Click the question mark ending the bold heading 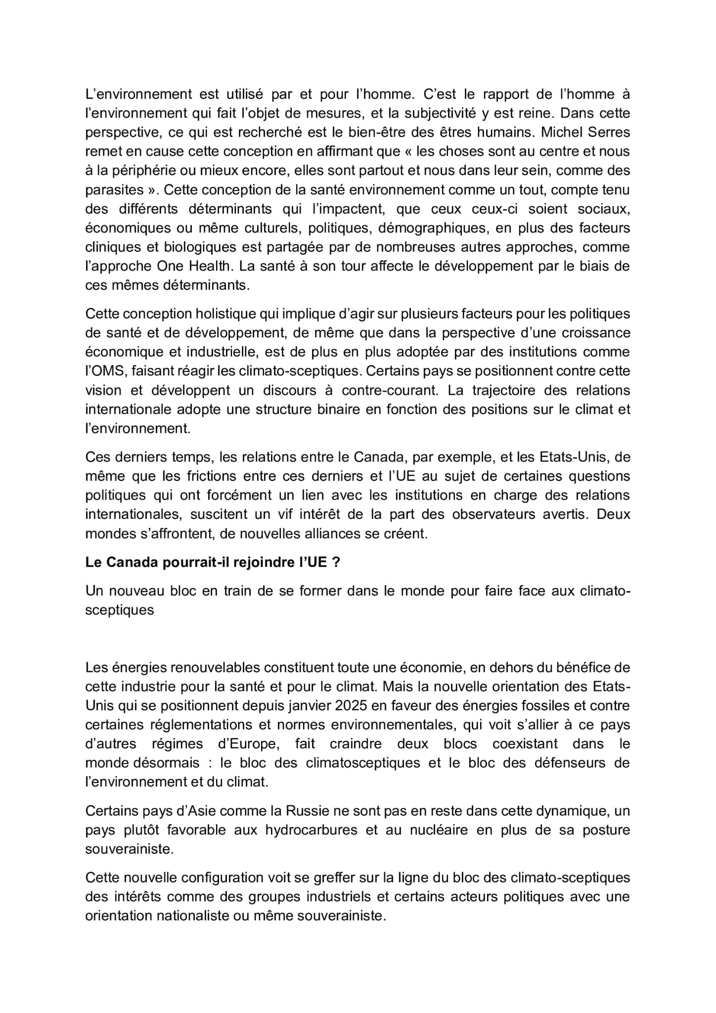pyautogui.click(x=336, y=563)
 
